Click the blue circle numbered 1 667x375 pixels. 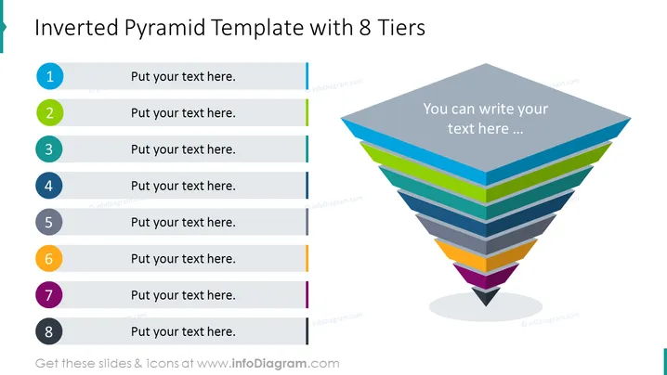(x=50, y=76)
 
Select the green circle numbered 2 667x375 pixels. (x=50, y=112)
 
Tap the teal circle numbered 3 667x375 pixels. (x=49, y=149)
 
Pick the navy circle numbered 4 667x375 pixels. (x=49, y=186)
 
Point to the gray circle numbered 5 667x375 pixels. (x=49, y=222)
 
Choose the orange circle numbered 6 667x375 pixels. (x=49, y=258)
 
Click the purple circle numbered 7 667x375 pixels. (x=49, y=294)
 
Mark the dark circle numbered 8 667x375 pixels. (x=49, y=331)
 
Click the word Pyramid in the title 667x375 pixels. (x=165, y=29)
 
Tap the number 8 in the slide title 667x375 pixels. (x=365, y=28)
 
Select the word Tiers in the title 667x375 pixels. (x=401, y=28)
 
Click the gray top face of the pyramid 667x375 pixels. (x=486, y=117)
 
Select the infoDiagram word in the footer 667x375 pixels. (x=269, y=364)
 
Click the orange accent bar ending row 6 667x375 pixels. (x=307, y=258)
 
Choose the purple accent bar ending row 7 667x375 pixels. (x=307, y=294)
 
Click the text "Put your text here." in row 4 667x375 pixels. (x=183, y=186)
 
